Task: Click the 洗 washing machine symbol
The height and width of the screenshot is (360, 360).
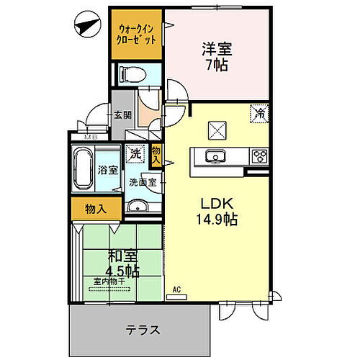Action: click(x=135, y=153)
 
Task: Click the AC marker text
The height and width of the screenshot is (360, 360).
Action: click(x=176, y=291)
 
